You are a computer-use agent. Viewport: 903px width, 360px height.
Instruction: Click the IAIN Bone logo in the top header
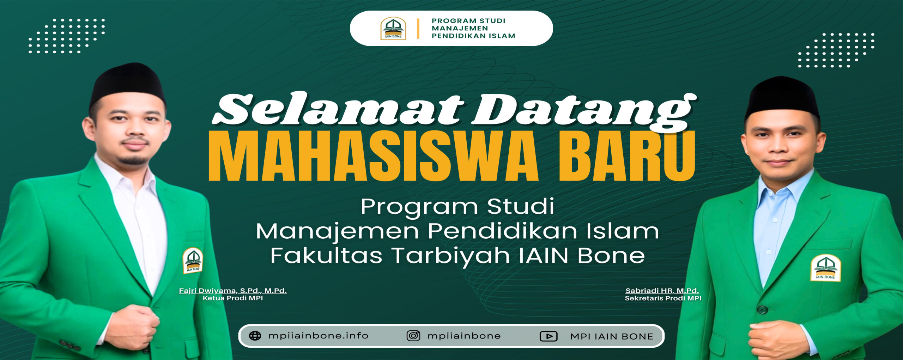coord(393,28)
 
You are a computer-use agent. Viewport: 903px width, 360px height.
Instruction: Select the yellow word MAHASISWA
coord(373,156)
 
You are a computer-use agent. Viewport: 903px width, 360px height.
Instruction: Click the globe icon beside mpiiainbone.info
coord(255,336)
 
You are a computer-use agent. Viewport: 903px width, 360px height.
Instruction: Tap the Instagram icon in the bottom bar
coord(413,336)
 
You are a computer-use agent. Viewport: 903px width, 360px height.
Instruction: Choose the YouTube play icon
coord(549,336)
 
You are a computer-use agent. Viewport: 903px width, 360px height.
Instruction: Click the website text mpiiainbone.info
coord(318,336)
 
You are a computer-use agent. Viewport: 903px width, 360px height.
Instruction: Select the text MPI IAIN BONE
coord(612,337)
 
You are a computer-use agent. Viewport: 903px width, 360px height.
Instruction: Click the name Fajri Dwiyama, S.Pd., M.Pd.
coord(233,291)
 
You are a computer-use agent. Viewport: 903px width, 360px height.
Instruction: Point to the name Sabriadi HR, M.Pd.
coord(662,291)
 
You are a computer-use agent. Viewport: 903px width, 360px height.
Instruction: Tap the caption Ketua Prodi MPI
coord(233,298)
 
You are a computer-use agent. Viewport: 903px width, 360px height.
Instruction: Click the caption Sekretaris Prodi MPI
coord(663,298)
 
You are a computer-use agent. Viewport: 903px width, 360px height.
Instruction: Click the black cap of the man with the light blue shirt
coord(782,97)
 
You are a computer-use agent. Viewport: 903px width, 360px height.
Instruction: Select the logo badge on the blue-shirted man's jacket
coord(825,268)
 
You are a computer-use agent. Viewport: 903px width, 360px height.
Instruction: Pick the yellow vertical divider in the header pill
coord(418,29)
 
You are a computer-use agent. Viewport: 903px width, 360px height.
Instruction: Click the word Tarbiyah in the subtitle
coord(451,256)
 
